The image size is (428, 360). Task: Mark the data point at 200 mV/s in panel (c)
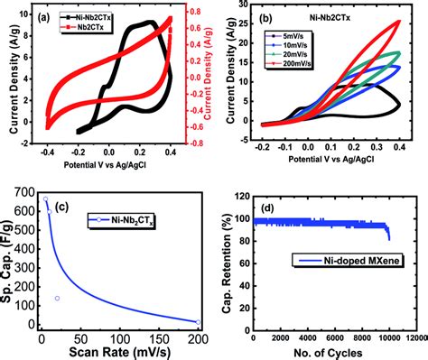coord(198,321)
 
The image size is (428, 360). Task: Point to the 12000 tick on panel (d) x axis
coord(414,337)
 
